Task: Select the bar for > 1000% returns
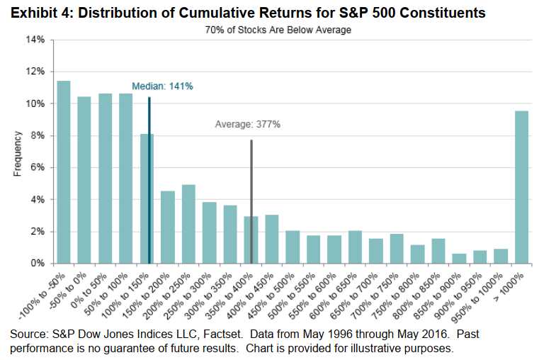click(x=522, y=187)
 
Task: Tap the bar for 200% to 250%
click(x=188, y=224)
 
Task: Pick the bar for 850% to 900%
click(x=459, y=259)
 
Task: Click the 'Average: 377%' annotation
click(x=248, y=125)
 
